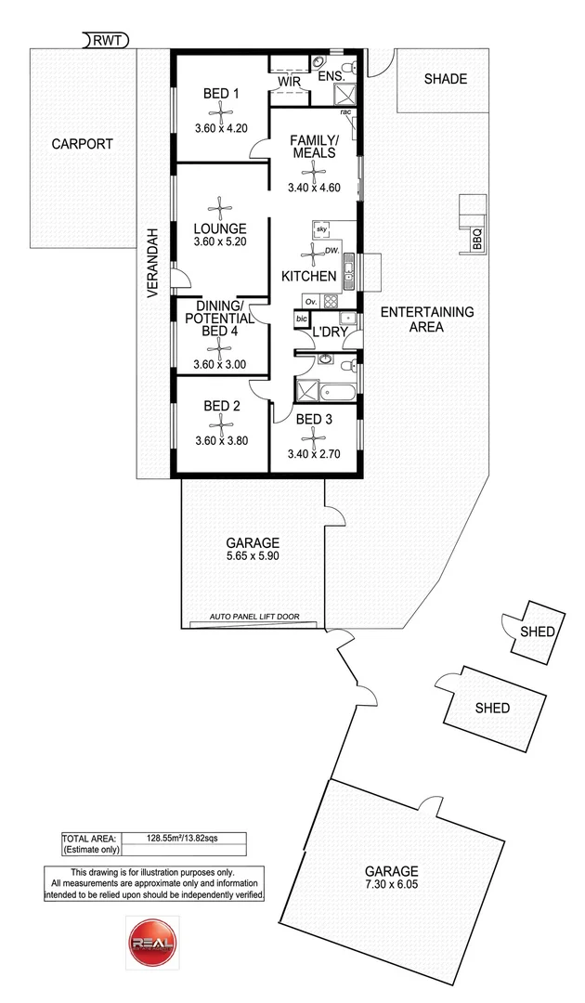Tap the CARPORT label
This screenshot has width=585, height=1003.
pos(82,144)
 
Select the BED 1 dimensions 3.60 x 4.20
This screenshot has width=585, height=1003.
pos(221,128)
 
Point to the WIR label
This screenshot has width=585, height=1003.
pos(289,82)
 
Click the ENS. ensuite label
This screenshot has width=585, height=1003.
pos(331,76)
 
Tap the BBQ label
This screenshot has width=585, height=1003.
pos(477,240)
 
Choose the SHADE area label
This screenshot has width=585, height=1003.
pos(446,79)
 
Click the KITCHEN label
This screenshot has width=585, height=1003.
pos(309,277)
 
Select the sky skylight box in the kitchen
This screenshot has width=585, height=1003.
pos(321,228)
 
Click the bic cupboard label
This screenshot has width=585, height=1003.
pos(301,319)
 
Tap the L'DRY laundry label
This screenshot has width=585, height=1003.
pos(330,332)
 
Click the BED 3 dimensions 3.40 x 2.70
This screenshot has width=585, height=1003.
pos(313,454)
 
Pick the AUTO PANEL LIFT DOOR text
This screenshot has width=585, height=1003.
pos(254,617)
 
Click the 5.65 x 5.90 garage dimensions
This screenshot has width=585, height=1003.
pos(253,556)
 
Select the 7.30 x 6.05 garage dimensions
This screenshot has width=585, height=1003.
pos(391,885)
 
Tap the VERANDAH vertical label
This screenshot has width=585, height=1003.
pos(151,263)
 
